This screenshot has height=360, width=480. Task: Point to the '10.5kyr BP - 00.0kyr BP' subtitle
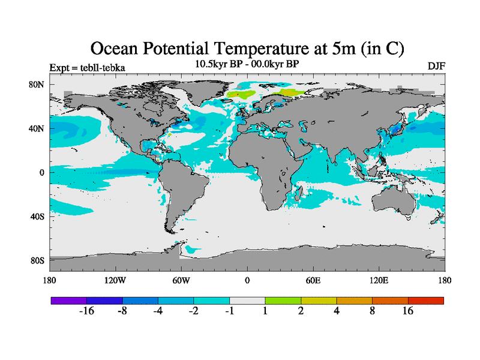coord(247,63)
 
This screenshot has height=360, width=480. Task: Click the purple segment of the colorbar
coord(68,300)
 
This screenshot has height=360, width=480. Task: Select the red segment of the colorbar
coord(426,300)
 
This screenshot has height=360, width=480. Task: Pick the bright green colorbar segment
coord(283,300)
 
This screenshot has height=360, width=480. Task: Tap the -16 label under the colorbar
coord(87,311)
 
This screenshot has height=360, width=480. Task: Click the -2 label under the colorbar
coord(194,311)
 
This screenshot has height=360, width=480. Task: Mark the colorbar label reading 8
coord(373,311)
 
